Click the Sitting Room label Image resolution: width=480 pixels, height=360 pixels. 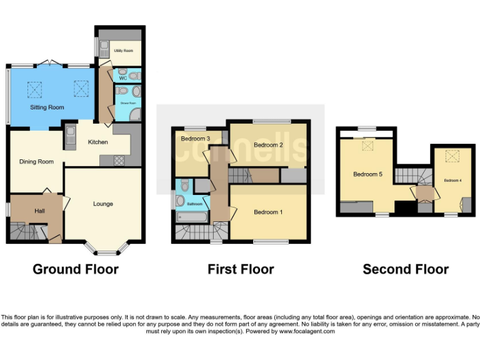click(47, 107)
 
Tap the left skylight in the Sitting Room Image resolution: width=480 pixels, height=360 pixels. click(33, 90)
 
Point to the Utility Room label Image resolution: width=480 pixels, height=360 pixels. click(123, 51)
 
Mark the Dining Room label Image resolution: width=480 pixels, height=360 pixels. click(36, 162)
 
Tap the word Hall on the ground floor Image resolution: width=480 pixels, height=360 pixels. click(39, 211)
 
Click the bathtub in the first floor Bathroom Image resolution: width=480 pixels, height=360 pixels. click(192, 217)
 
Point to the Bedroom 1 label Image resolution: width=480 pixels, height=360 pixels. click(268, 212)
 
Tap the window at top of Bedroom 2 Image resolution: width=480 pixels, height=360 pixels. click(271, 121)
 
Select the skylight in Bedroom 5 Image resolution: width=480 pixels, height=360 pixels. click(367, 146)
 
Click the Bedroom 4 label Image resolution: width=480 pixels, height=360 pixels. click(452, 180)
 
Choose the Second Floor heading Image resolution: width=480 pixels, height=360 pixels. click(406, 269)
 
